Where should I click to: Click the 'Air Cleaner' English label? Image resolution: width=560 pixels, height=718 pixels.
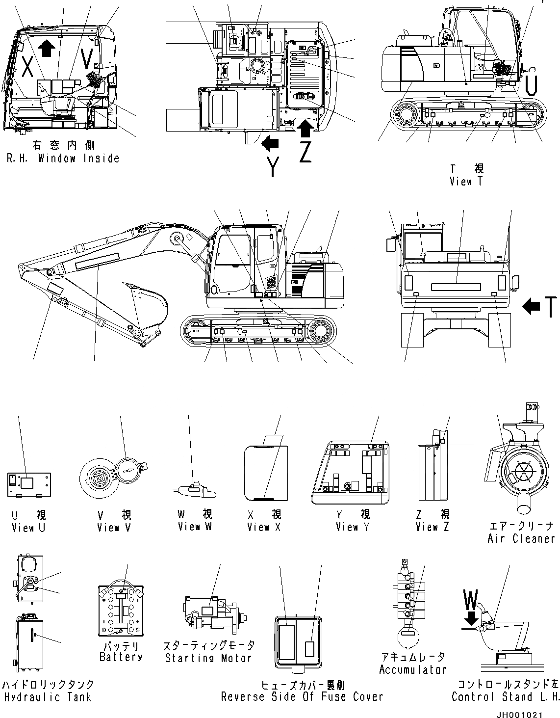pos(521,538)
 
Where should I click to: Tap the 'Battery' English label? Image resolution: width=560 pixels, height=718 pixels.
pos(121,657)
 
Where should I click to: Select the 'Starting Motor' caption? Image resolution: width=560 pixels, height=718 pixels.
pos(208,658)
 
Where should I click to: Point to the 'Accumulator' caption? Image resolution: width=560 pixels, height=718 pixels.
pos(412,669)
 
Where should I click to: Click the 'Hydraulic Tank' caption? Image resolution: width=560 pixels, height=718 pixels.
pos(48,697)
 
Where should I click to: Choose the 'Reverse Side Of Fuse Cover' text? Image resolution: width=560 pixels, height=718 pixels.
pos(302,696)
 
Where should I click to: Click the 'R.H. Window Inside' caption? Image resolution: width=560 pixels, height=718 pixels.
pos(63,159)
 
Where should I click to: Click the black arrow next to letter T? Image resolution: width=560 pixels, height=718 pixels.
pos(532,307)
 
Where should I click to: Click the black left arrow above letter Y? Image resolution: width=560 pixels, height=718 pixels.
pos(270,144)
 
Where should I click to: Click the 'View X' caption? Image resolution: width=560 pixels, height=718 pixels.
pos(265,527)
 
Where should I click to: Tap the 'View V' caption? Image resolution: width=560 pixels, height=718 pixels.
pos(114,528)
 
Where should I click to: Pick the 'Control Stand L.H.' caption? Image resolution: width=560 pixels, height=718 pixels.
pos(505,697)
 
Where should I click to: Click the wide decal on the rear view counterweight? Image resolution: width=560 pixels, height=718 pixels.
pos(456,287)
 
